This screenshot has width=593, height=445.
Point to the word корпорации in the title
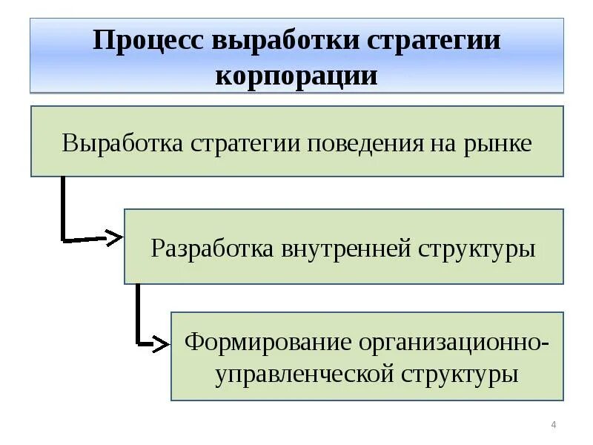(296, 75)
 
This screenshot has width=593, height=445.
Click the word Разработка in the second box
(213, 248)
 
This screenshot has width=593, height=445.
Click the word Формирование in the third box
(267, 343)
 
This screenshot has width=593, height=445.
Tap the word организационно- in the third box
(454, 343)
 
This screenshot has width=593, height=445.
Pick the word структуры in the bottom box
(457, 374)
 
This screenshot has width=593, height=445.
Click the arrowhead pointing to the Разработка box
(113, 238)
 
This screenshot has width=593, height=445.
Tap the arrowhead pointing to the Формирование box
(161, 343)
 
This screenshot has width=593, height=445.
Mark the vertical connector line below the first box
(62, 208)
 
